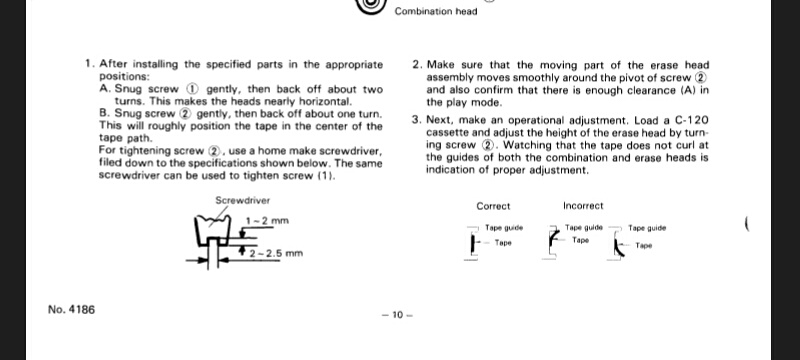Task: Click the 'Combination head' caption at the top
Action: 436,11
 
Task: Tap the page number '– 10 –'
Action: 397,315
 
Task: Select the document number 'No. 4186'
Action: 71,310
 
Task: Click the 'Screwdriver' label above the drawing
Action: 243,200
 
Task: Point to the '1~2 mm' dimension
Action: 267,221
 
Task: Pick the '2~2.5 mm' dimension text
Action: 276,253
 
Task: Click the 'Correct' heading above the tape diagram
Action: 493,206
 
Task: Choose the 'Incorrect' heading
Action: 583,206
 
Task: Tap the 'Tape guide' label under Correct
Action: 504,228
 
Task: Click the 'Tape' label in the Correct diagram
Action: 503,243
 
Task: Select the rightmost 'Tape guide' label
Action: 647,228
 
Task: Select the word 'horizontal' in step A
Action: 327,101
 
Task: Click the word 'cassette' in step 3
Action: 445,134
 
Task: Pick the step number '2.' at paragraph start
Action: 417,65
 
